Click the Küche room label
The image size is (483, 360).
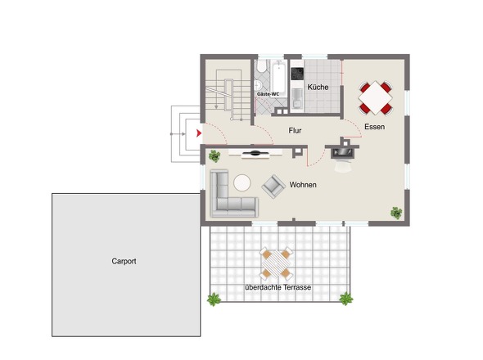318,88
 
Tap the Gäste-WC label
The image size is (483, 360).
268,94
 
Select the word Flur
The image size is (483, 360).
295,131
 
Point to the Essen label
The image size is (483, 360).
374,127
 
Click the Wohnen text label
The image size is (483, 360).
303,185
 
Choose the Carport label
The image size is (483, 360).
124,261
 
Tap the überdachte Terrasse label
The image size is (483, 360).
278,287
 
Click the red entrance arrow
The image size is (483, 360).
199,133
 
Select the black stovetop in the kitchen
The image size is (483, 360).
297,74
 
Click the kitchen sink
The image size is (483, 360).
297,98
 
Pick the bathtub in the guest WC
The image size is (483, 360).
279,78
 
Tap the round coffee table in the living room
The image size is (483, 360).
241,183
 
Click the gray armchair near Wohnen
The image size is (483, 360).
273,187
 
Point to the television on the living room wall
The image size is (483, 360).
255,153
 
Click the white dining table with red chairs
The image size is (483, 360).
376,97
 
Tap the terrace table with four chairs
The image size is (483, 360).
277,263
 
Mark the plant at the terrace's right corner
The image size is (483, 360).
346,299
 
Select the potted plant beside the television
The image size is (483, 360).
214,156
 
